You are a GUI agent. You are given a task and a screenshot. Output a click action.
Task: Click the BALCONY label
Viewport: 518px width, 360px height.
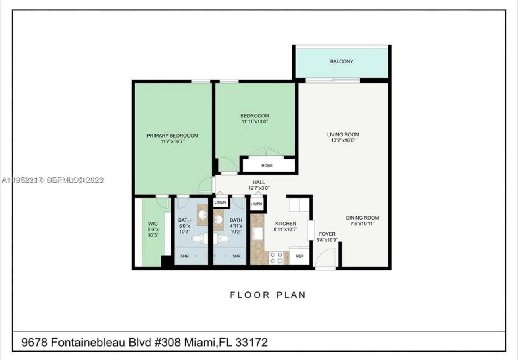click(x=341, y=61)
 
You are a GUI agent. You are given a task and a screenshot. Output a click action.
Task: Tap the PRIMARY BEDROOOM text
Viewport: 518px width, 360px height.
click(x=172, y=136)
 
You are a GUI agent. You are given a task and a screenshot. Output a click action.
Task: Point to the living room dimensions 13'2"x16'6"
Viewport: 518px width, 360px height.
click(x=343, y=141)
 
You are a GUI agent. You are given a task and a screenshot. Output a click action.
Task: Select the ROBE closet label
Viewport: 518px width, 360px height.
click(x=267, y=165)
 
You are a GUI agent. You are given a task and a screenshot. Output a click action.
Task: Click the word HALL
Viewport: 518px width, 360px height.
click(x=259, y=182)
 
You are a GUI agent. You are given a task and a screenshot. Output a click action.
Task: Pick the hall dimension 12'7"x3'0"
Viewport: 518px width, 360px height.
click(x=259, y=188)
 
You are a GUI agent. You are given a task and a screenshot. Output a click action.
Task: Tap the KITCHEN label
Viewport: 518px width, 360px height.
click(x=286, y=224)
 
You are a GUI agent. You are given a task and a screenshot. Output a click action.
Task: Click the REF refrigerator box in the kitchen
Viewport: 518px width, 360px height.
click(x=299, y=256)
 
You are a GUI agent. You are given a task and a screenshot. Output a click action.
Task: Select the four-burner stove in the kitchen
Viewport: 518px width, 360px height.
click(x=276, y=258)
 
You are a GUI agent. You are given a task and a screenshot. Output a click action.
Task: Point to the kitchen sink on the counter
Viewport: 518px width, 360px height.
click(x=256, y=234)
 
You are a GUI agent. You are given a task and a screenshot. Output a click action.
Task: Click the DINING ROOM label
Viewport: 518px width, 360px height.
click(x=362, y=218)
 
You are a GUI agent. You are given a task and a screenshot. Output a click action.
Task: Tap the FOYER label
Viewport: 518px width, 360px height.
click(x=327, y=234)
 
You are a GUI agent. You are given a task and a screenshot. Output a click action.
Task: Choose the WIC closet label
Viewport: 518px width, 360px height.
click(x=153, y=224)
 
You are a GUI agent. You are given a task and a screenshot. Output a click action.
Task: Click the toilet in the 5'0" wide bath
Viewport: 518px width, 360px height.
click(x=197, y=239)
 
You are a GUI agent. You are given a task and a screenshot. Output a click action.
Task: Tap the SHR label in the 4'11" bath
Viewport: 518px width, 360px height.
click(x=236, y=256)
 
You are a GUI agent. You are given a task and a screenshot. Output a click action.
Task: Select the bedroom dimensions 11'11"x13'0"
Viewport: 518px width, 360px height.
click(x=255, y=121)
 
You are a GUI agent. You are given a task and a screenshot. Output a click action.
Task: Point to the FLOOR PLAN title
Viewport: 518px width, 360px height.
click(x=268, y=295)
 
